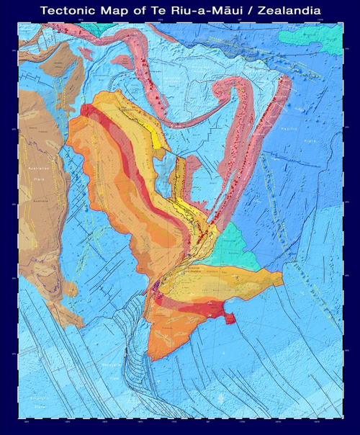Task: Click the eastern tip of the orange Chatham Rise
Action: [x=281, y=284]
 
